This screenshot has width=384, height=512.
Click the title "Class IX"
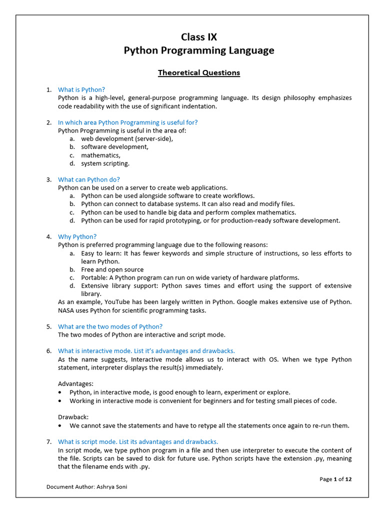coord(199,37)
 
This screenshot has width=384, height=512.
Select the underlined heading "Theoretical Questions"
coord(199,72)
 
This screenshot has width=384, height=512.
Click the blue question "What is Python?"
coord(81,89)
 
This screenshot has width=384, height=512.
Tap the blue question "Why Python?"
coord(77,236)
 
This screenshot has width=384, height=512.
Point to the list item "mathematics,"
coord(100,155)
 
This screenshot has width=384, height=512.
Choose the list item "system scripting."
coord(105,163)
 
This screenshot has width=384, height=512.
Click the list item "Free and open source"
coord(112,269)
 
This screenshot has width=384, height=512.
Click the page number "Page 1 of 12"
coord(335,479)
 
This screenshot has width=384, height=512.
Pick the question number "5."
coord(49,326)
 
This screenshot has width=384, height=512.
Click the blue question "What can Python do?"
coord(89,179)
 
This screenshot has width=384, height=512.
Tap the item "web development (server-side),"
coord(127,138)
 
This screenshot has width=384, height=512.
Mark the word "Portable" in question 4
coord(94,277)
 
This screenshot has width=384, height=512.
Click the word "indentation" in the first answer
coord(199,106)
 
